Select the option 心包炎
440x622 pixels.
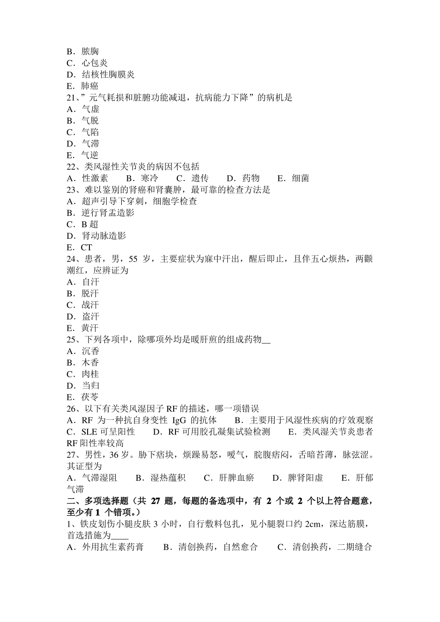[x=94, y=63]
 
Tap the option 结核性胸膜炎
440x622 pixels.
[x=108, y=75]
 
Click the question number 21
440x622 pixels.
[x=72, y=98]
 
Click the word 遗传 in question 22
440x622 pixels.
[x=200, y=178]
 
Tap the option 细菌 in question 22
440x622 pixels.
[x=301, y=178]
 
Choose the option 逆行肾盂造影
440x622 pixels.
[x=108, y=213]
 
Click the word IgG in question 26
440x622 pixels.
[x=179, y=420]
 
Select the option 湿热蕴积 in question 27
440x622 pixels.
[x=168, y=478]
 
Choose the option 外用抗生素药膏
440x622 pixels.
[x=113, y=547]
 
